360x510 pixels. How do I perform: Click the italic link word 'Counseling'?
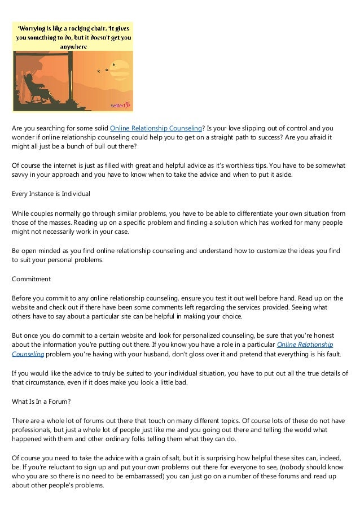click(x=28, y=354)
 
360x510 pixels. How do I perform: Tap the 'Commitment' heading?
click(x=32, y=278)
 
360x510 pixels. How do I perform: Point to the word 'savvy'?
click(x=21, y=175)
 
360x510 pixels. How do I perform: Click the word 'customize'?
click(x=270, y=250)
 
